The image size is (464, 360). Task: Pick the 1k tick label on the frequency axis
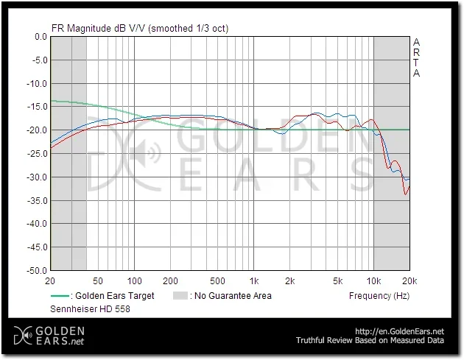pos(254,281)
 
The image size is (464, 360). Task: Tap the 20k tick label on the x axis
pos(409,281)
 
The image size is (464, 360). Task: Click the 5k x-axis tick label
pos(338,281)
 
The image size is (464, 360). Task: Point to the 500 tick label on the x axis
pos(217,281)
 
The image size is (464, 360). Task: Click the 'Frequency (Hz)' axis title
pos(379,296)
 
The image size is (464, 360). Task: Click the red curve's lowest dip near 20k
pos(405,194)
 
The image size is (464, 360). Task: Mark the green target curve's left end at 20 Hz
pos(51,101)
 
